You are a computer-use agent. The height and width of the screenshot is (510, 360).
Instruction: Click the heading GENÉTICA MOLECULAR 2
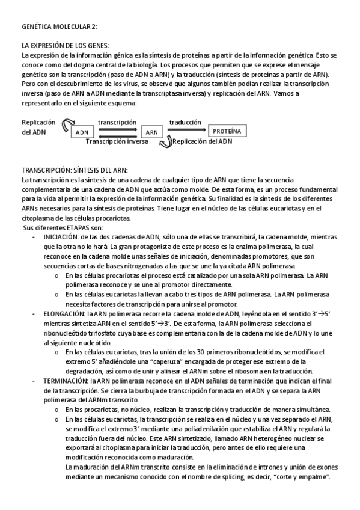59,27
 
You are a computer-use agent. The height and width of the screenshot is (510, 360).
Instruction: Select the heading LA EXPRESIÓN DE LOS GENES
66,46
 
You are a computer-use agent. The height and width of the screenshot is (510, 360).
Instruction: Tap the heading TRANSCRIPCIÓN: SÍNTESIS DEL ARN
75,170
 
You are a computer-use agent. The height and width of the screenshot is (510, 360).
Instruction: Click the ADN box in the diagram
82,132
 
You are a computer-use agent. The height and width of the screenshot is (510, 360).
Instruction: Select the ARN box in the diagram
152,132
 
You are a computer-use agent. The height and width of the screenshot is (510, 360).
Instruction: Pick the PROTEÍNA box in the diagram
227,130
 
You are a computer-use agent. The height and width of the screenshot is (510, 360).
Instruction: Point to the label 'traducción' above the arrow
185,122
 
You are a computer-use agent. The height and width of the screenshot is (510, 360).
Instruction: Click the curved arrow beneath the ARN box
165,142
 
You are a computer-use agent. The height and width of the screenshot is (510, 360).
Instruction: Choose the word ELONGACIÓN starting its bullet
63,313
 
